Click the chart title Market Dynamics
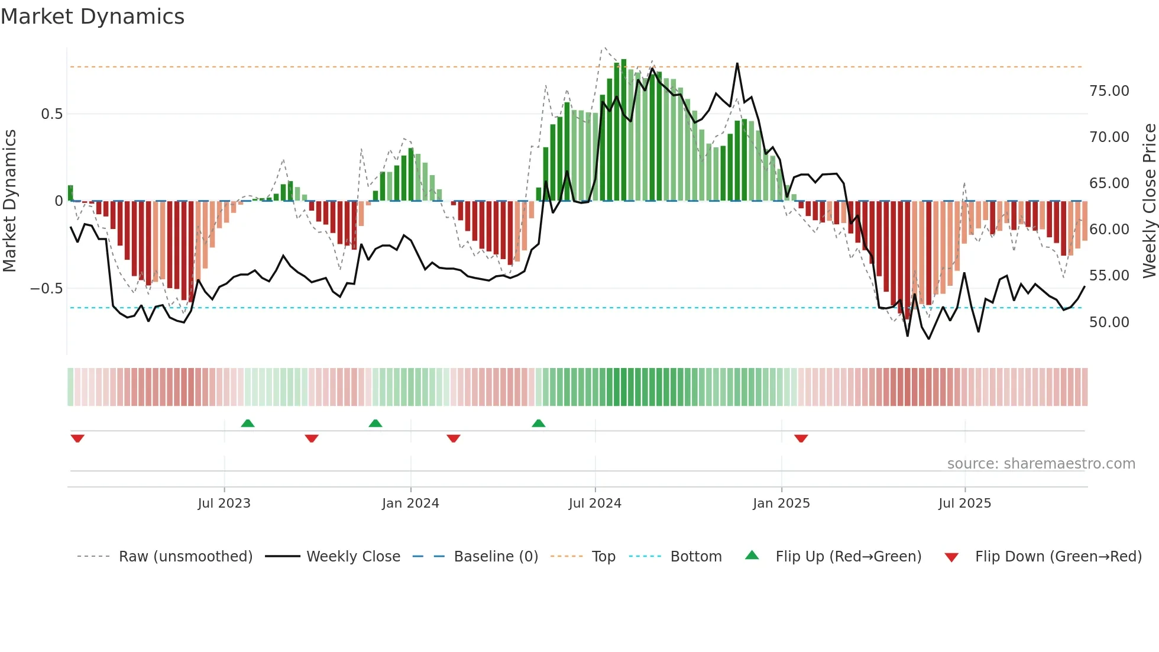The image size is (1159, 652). [92, 17]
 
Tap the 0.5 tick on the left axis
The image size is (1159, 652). [51, 114]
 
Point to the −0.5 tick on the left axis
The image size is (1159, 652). [46, 289]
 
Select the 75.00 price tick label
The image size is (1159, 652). [1109, 91]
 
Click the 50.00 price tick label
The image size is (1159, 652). [1109, 322]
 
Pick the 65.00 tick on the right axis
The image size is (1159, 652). [1109, 183]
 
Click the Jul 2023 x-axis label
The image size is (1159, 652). [224, 503]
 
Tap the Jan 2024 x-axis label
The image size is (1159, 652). [410, 503]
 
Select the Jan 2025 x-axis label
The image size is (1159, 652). [781, 503]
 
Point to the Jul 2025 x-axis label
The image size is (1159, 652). [964, 503]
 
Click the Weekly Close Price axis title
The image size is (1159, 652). [1149, 201]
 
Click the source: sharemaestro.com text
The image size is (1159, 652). [1041, 464]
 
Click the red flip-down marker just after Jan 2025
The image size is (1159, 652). [801, 438]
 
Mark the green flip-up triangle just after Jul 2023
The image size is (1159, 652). [248, 423]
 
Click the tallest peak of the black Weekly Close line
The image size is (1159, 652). [737, 64]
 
